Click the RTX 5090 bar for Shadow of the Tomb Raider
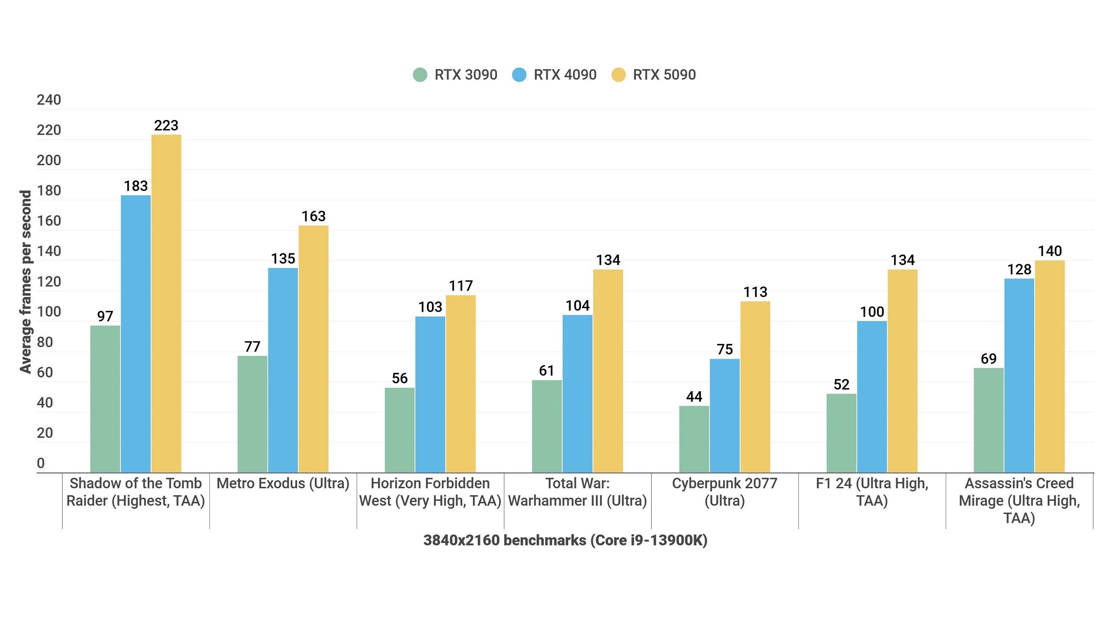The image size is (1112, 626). (x=166, y=304)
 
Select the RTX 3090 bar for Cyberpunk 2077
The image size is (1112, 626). (x=694, y=439)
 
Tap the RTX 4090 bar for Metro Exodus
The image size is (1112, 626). (x=283, y=370)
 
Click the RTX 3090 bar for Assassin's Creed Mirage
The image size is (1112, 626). (x=989, y=420)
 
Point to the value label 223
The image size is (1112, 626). (x=166, y=126)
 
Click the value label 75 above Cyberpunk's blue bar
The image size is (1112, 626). (x=725, y=349)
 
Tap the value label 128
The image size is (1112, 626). (x=1019, y=270)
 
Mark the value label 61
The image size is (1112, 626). (x=546, y=371)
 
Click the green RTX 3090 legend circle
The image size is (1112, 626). (x=420, y=75)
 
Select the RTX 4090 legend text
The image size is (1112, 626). (x=565, y=75)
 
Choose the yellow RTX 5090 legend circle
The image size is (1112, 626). (x=619, y=75)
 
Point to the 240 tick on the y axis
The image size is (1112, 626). (x=49, y=100)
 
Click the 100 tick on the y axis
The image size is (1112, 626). (x=49, y=312)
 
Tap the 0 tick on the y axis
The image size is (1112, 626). (x=41, y=463)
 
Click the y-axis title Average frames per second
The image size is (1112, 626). (x=26, y=282)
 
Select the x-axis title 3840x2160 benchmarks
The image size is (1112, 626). (x=565, y=540)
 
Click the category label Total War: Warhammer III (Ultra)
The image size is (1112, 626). (x=577, y=492)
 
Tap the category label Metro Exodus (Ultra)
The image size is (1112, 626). (x=283, y=483)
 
